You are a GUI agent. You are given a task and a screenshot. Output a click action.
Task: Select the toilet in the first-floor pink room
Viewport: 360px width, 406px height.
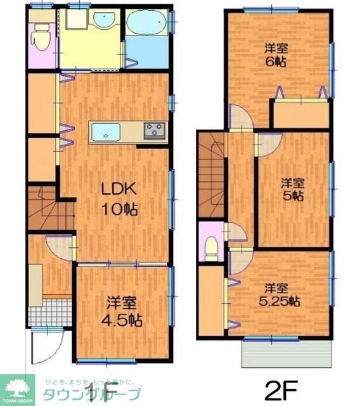click(42, 38)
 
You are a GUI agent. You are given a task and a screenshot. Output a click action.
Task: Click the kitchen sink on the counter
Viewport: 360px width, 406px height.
click(106, 133)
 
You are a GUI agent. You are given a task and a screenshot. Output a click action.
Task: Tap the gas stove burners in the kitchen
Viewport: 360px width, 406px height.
click(155, 131)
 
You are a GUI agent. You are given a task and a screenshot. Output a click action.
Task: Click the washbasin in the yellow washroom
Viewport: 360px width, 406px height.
click(102, 21)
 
